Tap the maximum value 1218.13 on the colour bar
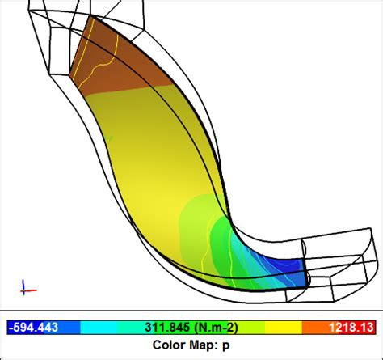(x=351, y=328)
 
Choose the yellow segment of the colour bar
(x=275, y=328)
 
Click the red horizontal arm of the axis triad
(x=30, y=289)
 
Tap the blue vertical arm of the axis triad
(x=24, y=283)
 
